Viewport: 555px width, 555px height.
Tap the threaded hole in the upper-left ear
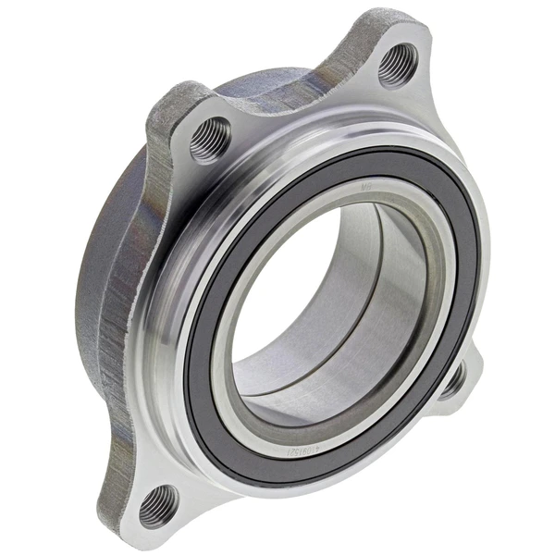[x=210, y=141]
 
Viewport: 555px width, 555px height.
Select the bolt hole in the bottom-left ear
[x=158, y=504]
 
